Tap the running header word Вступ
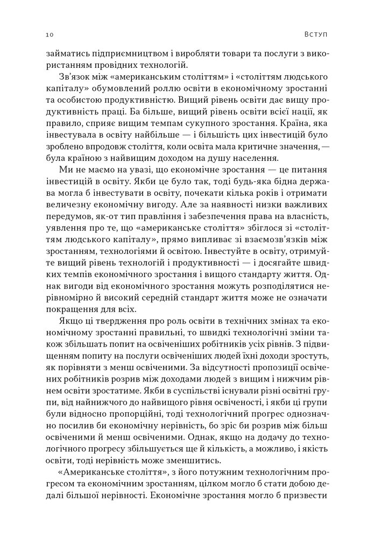click(315, 35)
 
